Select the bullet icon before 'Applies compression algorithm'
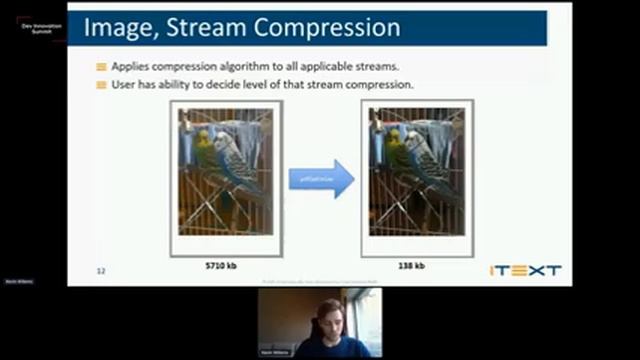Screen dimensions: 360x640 (x=101, y=66)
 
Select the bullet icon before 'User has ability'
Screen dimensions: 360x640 (x=101, y=84)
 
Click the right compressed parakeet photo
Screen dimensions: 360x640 (x=416, y=171)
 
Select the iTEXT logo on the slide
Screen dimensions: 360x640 (x=525, y=270)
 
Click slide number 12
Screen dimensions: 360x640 (x=100, y=271)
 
